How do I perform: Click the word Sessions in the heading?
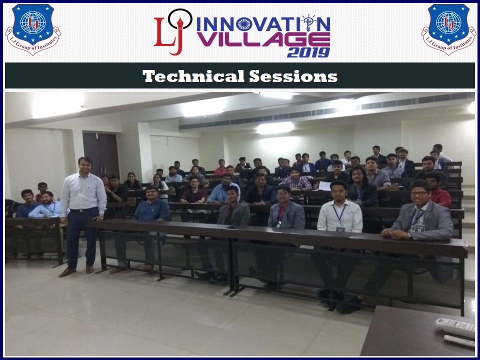click(293, 76)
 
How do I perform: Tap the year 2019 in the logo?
click(308, 52)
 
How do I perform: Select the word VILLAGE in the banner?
click(263, 39)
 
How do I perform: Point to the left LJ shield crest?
click(33, 29)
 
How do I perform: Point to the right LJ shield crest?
click(448, 29)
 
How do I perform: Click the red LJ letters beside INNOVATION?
click(169, 35)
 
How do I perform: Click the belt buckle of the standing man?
click(81, 210)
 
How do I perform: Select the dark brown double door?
click(101, 155)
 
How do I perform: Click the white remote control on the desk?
click(455, 326)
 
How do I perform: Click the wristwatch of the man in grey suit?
click(410, 235)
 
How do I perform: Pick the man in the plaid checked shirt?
click(295, 179)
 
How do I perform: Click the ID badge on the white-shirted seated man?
click(340, 229)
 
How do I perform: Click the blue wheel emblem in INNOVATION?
click(244, 24)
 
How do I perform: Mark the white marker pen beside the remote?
click(459, 340)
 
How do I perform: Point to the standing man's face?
click(84, 165)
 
